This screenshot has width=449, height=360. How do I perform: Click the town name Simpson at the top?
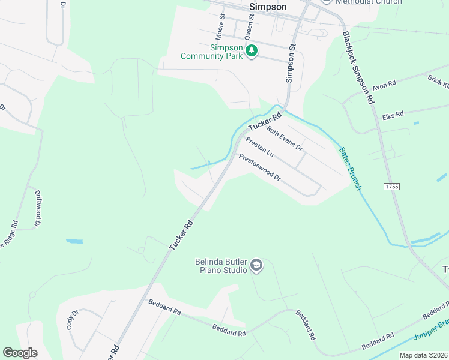tap(268, 6)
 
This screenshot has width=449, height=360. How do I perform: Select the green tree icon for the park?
tap(252, 52)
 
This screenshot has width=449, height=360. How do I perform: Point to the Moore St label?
tap(219, 24)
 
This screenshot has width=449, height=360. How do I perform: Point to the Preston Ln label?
tap(260, 147)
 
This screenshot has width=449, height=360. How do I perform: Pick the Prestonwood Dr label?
tap(260, 168)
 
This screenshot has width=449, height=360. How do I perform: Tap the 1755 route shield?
tap(391, 187)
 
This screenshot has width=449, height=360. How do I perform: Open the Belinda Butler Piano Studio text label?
tap(221, 266)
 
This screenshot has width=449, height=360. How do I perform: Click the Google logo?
tap(20, 353)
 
